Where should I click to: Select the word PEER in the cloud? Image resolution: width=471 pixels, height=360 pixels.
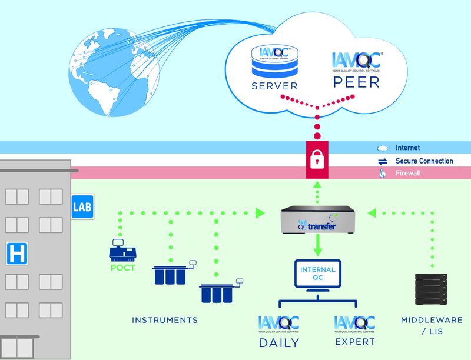[x=357, y=82]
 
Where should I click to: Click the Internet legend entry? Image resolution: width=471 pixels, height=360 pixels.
[x=407, y=148]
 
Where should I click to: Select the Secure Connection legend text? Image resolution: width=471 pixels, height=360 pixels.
[x=424, y=161]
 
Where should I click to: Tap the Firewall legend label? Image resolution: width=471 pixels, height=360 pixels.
[x=408, y=174]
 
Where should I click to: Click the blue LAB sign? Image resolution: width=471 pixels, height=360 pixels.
[x=82, y=207]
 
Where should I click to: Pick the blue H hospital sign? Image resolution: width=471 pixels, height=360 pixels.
[x=16, y=255]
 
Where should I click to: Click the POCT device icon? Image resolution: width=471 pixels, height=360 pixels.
[x=122, y=251]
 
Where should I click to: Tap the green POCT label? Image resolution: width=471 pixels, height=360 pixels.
[x=122, y=268]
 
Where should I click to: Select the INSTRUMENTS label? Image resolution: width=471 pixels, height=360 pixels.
[x=164, y=321]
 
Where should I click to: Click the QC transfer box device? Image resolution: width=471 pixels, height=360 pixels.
[x=317, y=219]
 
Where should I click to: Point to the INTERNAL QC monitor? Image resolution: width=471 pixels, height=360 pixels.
[x=317, y=276]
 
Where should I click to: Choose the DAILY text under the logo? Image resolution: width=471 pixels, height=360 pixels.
[x=279, y=342]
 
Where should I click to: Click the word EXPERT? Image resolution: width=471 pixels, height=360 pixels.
[x=354, y=341]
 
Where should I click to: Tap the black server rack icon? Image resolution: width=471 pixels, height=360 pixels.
[x=432, y=289]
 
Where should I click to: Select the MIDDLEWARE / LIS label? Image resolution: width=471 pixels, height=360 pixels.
[x=432, y=326]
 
